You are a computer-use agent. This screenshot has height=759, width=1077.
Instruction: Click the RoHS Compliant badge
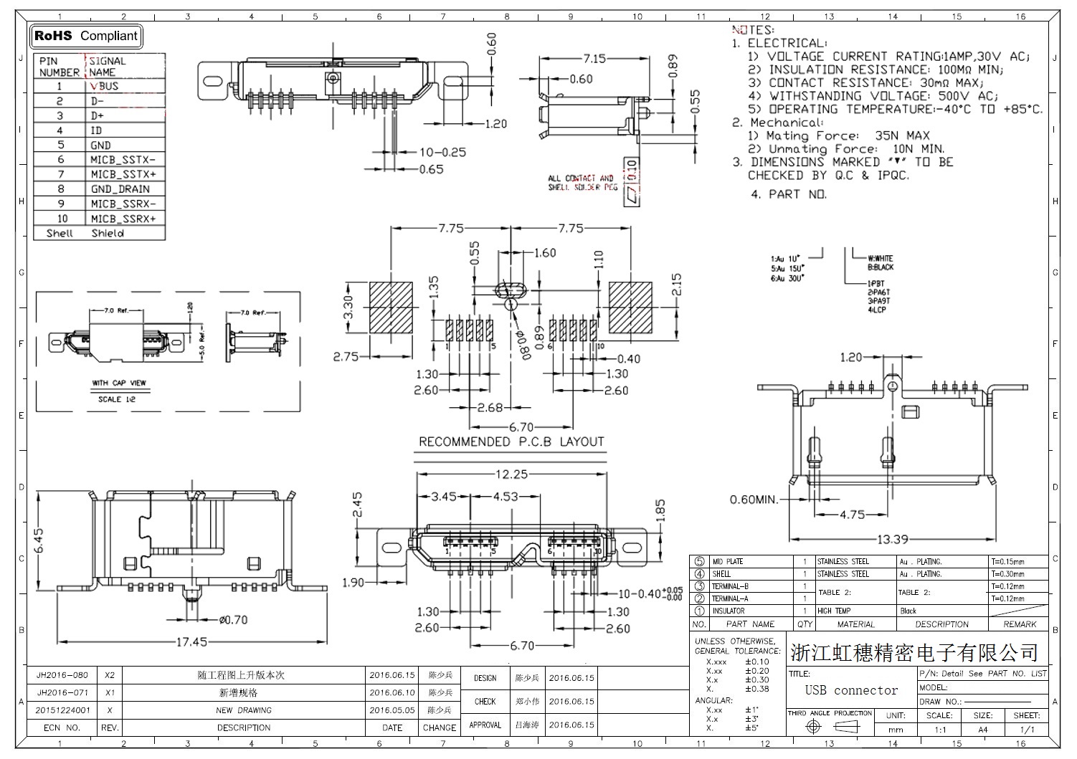pyautogui.click(x=86, y=36)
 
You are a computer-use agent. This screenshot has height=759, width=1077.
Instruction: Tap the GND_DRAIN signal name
pyautogui.click(x=120, y=189)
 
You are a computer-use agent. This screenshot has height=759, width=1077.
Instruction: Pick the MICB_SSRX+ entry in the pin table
pyautogui.click(x=123, y=219)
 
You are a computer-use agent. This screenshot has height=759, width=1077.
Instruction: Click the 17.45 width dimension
pyautogui.click(x=191, y=641)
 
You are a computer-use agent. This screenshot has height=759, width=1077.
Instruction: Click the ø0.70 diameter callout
pyautogui.click(x=233, y=620)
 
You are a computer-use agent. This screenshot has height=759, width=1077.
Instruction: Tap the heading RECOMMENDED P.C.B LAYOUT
pyautogui.click(x=511, y=441)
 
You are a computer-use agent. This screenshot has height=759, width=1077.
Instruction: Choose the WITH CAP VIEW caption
pyautogui.click(x=118, y=383)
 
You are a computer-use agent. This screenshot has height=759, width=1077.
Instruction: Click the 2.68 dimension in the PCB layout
pyautogui.click(x=490, y=407)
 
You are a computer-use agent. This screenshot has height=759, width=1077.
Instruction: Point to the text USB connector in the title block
pyautogui.click(x=851, y=690)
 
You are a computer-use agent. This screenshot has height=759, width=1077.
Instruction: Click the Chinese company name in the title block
pyautogui.click(x=914, y=653)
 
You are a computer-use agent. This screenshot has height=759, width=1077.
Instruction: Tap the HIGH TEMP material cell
pyautogui.click(x=833, y=611)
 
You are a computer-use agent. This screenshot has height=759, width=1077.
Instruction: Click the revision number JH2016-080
pyautogui.click(x=62, y=675)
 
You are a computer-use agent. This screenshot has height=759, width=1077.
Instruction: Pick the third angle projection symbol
pyautogui.click(x=832, y=727)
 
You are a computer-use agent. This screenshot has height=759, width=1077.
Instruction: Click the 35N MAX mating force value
pyautogui.click(x=902, y=135)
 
